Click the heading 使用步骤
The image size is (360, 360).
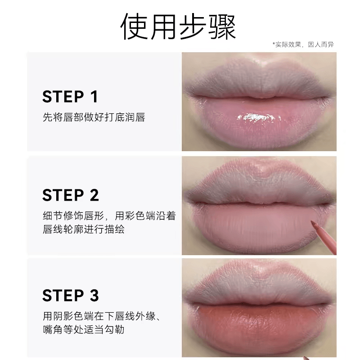tap(178, 27)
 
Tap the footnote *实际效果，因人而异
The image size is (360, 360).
tap(303, 45)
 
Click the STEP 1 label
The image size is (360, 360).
tap(70, 96)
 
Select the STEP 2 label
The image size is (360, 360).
tap(71, 195)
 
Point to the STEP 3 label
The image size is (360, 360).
tap(71, 295)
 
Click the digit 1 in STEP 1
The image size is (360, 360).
tap(94, 96)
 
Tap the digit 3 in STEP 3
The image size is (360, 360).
tap(94, 295)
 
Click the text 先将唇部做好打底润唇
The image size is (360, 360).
tap(94, 117)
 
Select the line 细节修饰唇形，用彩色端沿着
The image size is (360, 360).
tap(109, 216)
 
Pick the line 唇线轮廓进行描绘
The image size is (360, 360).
tap(84, 229)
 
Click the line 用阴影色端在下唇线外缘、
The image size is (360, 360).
tap(102, 316)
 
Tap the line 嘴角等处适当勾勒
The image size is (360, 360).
tap(84, 329)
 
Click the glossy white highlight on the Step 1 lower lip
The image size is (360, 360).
tap(256, 117)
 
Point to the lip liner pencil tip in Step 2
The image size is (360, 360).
tap(312, 222)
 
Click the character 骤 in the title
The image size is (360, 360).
tap(222, 27)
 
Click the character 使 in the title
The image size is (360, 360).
tap(134, 27)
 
